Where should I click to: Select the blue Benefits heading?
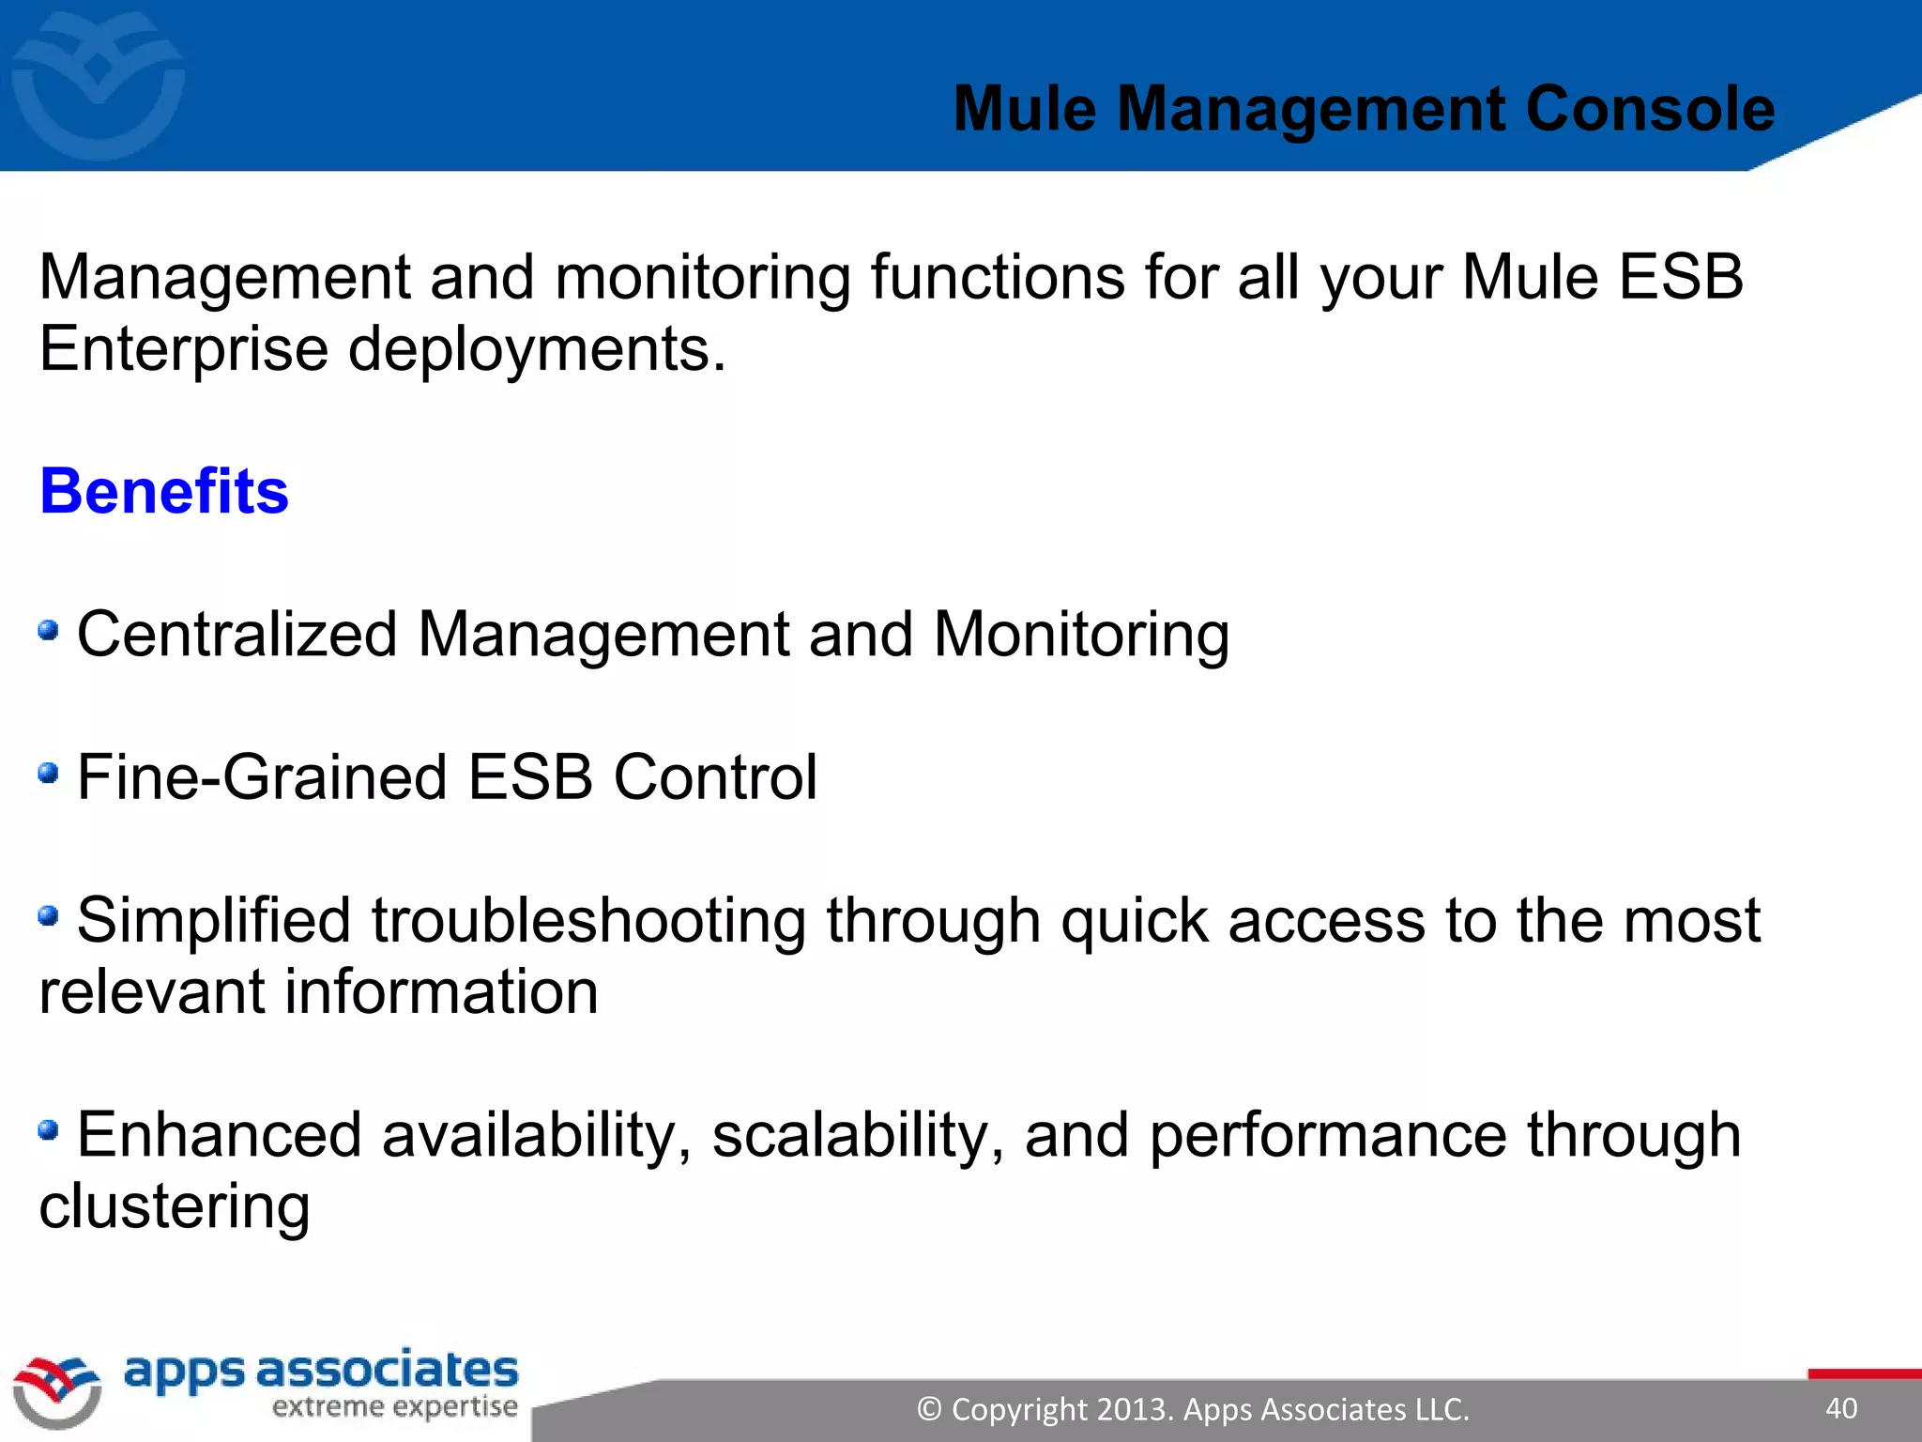[164, 491]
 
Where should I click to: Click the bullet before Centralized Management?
[49, 630]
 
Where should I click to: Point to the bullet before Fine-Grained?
[49, 774]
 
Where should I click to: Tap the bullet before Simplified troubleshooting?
[49, 915]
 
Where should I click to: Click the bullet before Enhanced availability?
[49, 1129]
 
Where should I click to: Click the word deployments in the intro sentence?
[537, 349]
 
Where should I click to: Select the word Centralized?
[237, 635]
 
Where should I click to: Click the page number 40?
[1841, 1408]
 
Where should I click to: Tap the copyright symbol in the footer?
[929, 1409]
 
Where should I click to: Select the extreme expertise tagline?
[394, 1406]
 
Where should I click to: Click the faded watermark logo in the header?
[98, 84]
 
